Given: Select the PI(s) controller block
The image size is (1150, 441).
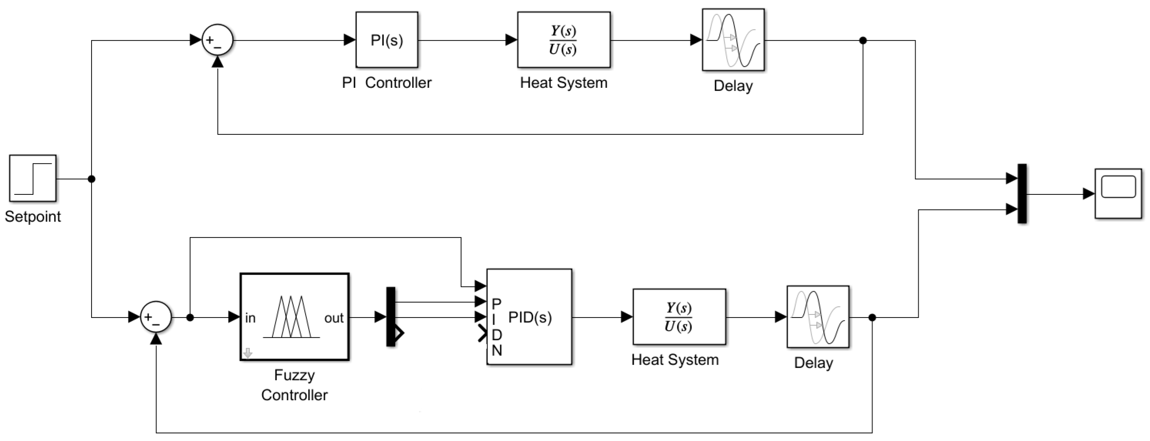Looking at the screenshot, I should pos(387,40).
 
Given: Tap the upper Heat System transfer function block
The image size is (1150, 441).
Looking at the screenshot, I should pos(564,40).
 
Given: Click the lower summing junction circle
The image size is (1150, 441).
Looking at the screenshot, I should pos(156,317).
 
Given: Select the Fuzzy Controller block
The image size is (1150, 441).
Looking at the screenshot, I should pos(295,317).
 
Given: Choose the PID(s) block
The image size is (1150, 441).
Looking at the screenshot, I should pos(529,317).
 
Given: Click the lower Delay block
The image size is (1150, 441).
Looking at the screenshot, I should pos(817,317).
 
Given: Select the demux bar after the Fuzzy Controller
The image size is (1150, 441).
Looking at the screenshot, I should pos(391,317).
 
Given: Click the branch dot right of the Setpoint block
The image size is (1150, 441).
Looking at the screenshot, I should pos(91,179).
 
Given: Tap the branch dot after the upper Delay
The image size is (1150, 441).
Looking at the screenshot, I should pos(863,40).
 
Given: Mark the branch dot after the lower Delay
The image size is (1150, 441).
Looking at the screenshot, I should pos(872,317).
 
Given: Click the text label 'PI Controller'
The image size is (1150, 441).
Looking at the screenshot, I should pos(387,83).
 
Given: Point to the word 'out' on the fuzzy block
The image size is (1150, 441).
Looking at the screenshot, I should pos(334,318).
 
